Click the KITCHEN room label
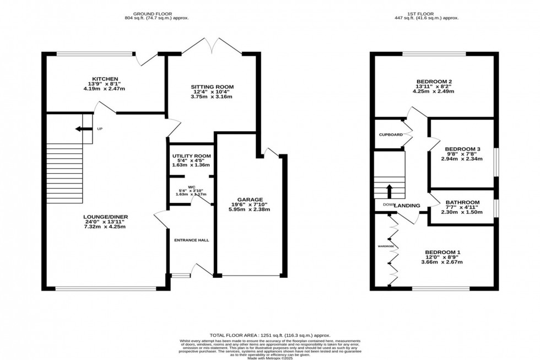coord(105,79)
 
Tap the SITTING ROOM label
coord(212,87)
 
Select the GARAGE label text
coord(251,200)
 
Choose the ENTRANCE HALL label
coord(191,240)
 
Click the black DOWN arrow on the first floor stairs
coord(390,191)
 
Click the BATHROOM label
coord(462,202)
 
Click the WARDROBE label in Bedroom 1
coord(385,246)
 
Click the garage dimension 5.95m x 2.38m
coord(251,209)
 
